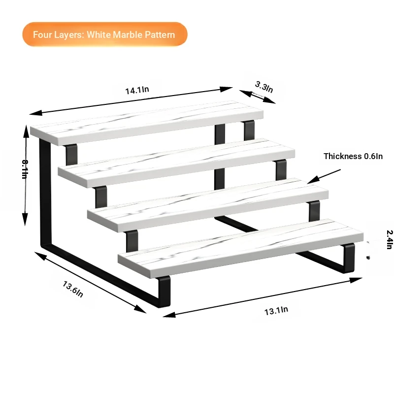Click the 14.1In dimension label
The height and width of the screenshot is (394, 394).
coord(137,90)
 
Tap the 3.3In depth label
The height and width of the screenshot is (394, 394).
coord(264,87)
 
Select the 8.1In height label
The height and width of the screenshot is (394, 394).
coord(24,169)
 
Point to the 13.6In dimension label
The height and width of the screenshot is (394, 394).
coord(72,289)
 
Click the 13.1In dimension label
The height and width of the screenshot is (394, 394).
coord(276,311)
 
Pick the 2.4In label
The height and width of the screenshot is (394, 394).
coord(390,239)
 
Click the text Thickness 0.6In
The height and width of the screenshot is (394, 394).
coord(353,156)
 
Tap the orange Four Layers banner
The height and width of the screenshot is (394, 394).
coord(105,34)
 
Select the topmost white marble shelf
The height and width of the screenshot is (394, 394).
coord(147,123)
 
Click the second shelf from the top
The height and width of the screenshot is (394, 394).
coord(176,163)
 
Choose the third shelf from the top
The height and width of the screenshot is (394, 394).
coord(208,205)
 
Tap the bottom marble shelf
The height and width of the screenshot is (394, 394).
coord(241,248)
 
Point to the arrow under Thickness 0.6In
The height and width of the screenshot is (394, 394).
coord(324,176)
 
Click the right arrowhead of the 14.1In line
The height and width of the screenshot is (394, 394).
coord(226,89)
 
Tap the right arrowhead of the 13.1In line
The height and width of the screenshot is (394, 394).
coord(356,280)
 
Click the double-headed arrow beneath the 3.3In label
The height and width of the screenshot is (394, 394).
coord(257,97)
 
